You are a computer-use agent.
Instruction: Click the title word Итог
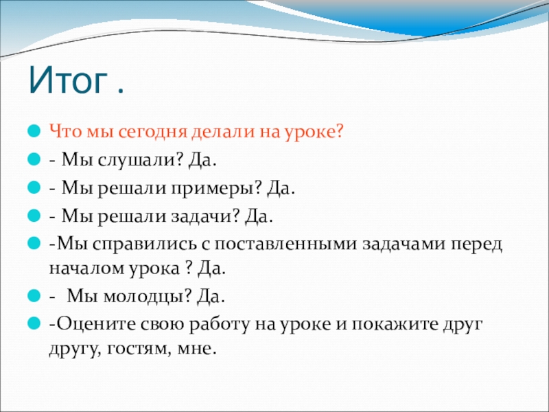click(x=68, y=80)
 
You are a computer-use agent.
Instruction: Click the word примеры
click(x=213, y=189)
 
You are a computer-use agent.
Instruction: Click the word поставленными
click(x=286, y=244)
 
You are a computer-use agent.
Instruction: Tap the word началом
click(x=87, y=269)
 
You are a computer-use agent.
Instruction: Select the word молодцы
click(x=144, y=297)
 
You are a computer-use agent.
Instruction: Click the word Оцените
click(x=96, y=324)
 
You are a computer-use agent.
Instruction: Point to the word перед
click(x=476, y=244)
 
